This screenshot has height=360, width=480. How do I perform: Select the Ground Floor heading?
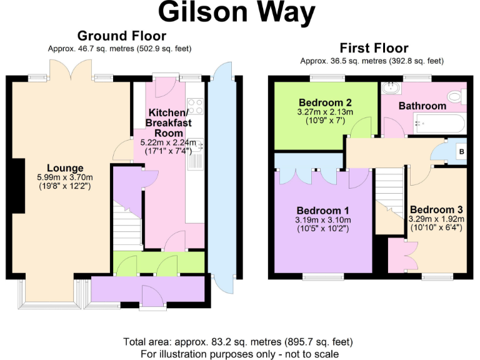(121, 36)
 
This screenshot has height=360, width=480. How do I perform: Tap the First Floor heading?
(374, 48)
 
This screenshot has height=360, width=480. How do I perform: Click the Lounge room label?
(65, 167)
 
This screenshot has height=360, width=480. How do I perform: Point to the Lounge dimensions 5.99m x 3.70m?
(65, 177)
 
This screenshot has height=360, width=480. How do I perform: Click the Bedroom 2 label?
(324, 102)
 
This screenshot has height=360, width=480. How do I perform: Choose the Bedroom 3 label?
(436, 209)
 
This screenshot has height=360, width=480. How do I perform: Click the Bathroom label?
(422, 106)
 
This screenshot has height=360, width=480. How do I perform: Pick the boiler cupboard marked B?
(461, 151)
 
